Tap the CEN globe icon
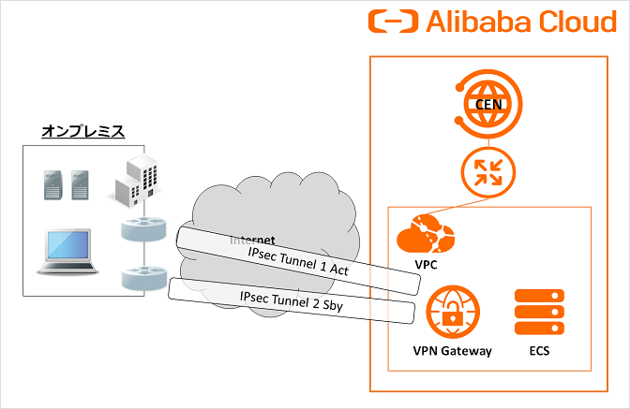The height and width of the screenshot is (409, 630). tap(487, 102)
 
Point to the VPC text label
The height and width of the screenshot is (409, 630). tap(427, 267)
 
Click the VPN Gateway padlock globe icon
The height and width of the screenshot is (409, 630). tap(453, 313)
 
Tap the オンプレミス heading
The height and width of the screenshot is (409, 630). tap(83, 131)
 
